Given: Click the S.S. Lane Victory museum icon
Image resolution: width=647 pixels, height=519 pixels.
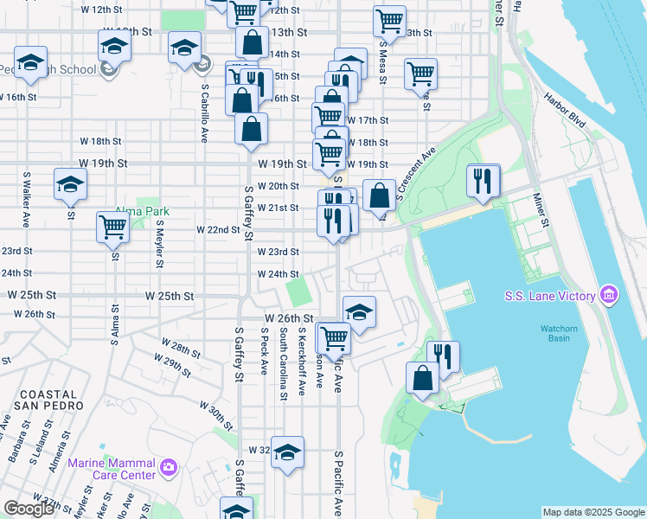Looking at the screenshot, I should (608, 297).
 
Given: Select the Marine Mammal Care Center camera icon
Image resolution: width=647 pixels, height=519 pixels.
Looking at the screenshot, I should (168, 468).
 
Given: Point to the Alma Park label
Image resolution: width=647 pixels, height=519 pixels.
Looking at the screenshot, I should (144, 211).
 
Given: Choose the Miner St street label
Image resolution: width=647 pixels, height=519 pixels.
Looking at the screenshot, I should (541, 212).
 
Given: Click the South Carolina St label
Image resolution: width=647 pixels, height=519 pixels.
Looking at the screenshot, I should (283, 363).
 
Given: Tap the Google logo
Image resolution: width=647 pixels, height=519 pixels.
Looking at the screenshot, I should (29, 509).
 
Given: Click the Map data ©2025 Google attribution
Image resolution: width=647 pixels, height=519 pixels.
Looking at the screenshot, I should (593, 512).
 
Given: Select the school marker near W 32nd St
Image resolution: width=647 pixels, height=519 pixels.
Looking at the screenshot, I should (288, 452).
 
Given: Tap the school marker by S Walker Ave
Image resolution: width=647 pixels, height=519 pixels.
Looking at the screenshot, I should (70, 183).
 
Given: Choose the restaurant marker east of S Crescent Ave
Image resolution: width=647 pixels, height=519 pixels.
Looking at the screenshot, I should (482, 179).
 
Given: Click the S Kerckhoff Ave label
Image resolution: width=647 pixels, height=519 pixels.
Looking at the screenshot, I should (302, 362).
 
